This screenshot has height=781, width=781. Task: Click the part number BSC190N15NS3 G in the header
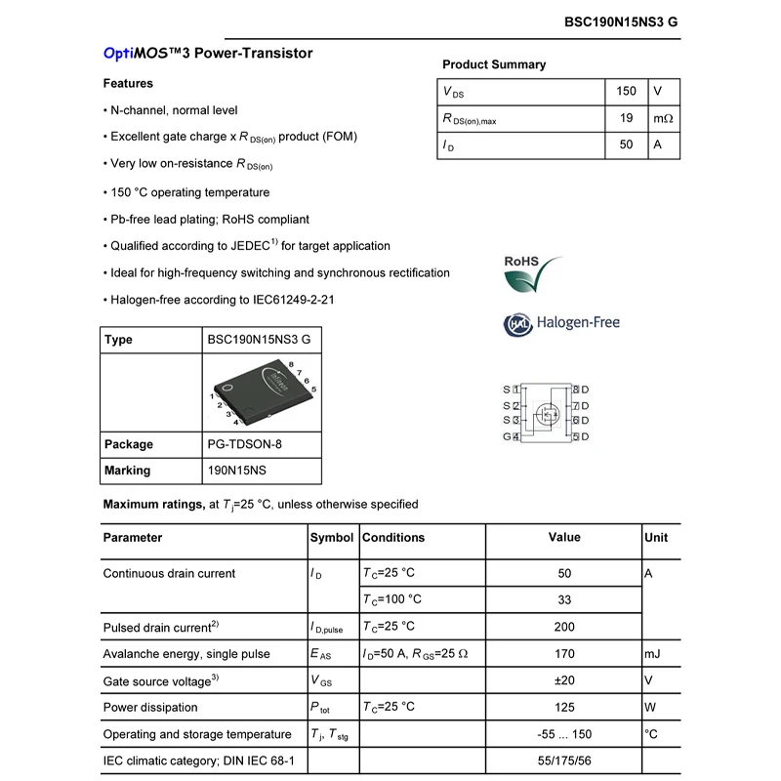coord(621,21)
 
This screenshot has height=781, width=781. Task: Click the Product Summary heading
coord(494,64)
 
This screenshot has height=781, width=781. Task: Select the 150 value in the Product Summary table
coord(626,92)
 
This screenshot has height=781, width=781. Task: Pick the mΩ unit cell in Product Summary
coord(663,118)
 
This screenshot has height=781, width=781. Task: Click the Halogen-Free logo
coord(561,323)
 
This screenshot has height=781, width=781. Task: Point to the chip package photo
coord(261,391)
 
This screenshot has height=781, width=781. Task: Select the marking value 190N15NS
coord(236,471)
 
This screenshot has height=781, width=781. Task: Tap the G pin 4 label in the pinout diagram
coord(511,436)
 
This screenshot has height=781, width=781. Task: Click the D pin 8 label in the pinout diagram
coord(581,390)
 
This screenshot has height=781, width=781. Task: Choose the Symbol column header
coord(332,538)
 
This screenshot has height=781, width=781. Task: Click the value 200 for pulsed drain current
coord(564,627)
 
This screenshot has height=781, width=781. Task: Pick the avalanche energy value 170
coord(564,653)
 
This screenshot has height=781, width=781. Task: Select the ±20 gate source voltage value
coord(564,680)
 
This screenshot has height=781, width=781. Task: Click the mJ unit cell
coord(653,653)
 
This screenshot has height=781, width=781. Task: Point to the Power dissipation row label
coord(150,707)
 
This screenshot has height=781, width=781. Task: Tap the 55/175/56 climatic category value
coord(564,760)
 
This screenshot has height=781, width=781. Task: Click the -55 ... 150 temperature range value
coord(564,734)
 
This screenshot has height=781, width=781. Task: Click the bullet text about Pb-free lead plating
coord(209,220)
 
